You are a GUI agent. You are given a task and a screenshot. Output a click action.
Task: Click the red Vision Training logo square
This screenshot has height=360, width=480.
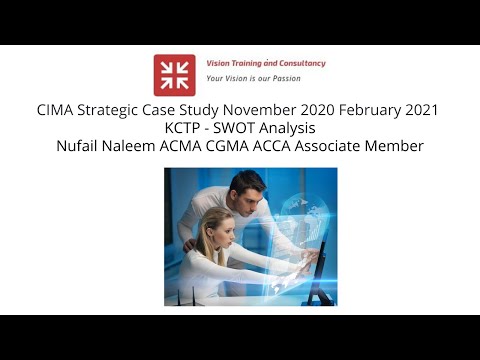coord(174,75)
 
